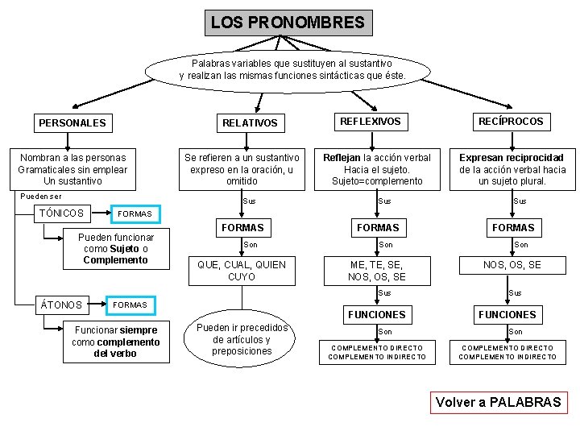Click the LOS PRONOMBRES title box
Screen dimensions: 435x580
[x=288, y=23]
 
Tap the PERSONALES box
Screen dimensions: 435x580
[x=72, y=123]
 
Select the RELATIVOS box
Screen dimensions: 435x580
[x=250, y=123]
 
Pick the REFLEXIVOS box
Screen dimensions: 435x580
[x=370, y=122]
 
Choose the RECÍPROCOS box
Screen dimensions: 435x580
[x=511, y=122]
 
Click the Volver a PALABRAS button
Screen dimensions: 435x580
[x=498, y=402]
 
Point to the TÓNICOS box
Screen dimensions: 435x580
[x=62, y=213]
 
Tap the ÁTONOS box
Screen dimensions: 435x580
[x=62, y=305]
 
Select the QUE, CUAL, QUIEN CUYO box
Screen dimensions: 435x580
[x=242, y=271]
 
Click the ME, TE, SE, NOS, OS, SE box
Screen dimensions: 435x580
[x=377, y=271]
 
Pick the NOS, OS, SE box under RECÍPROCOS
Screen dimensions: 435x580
[x=512, y=265]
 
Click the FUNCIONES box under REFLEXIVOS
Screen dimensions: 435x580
[x=376, y=314]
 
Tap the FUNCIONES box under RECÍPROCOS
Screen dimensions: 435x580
[x=507, y=314]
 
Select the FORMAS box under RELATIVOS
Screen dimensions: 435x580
[x=242, y=228]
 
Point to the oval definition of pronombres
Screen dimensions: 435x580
[x=292, y=69]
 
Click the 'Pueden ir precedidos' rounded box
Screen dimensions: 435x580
[x=242, y=339]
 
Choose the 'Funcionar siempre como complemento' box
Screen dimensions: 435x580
[x=115, y=342]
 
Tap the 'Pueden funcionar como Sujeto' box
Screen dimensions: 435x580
[x=115, y=249]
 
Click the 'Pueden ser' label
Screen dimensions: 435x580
[x=41, y=196]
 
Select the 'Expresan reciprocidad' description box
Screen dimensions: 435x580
[x=512, y=169]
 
